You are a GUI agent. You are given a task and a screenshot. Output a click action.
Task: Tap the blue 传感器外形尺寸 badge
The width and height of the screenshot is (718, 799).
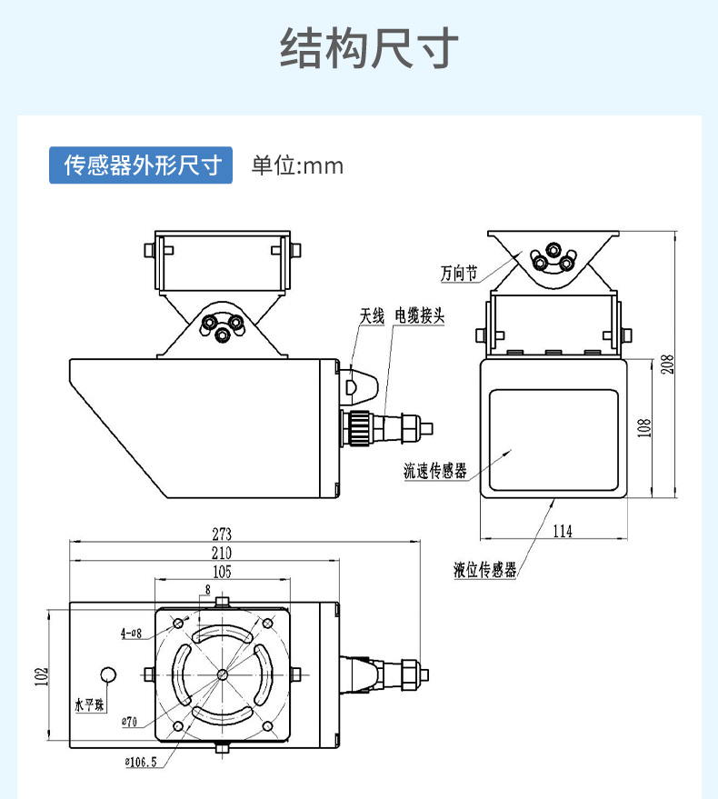click(x=142, y=165)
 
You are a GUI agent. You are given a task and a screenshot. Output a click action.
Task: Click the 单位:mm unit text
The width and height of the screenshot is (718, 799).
click(x=297, y=166)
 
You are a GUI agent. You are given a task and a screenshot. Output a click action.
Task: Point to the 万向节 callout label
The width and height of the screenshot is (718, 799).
click(x=458, y=273)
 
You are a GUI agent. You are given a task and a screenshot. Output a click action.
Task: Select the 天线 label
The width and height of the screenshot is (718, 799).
click(x=373, y=315)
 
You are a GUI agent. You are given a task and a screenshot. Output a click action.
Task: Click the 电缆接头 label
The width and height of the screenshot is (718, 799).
click(x=419, y=315)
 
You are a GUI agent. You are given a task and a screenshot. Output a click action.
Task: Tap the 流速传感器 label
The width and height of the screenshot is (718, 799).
click(x=435, y=471)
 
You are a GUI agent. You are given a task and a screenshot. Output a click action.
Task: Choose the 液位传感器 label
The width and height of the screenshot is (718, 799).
click(x=485, y=570)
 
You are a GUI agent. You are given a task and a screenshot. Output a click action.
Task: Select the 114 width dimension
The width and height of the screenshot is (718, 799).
click(x=563, y=531)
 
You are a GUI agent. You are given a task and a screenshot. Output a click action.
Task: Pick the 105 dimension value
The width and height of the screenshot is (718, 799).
click(x=221, y=572)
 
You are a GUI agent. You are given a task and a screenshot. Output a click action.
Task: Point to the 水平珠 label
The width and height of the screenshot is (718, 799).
click(x=90, y=705)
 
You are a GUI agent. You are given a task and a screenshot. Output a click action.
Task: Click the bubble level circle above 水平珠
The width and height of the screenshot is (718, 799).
click(x=109, y=675)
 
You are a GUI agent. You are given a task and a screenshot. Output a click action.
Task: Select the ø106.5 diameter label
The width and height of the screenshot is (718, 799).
click(x=137, y=762)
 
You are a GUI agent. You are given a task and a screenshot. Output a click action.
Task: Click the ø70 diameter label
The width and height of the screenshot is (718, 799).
click(x=127, y=722)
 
